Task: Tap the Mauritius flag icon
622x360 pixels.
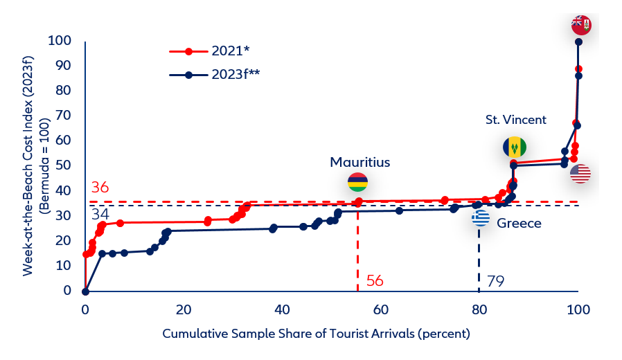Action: coord(357,183)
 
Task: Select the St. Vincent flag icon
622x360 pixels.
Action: coord(514,147)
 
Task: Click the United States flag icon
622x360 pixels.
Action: coord(580,174)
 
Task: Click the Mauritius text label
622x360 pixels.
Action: coord(360,163)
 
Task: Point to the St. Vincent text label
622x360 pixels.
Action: coord(516,120)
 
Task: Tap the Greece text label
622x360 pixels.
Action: coord(519,223)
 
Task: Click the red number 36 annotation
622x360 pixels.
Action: coord(100,188)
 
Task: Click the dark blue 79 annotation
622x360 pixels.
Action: coord(495,281)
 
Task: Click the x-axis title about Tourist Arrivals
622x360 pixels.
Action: coord(317,334)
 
